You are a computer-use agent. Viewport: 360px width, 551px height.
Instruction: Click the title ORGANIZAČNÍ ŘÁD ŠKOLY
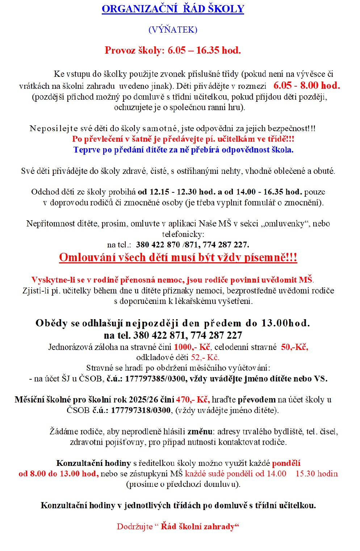pos(173,9)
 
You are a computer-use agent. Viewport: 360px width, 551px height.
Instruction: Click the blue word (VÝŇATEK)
pos(173,30)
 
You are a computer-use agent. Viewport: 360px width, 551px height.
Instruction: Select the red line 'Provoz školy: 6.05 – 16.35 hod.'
pos(173,50)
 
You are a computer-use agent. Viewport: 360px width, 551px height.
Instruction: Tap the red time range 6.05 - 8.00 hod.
pos(306,85)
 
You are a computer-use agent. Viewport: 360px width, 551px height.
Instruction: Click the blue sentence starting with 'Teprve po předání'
pos(183,150)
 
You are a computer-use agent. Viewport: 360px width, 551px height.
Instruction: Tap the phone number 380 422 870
pos(158,245)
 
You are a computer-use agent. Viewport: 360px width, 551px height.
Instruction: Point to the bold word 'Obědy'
pos(51,323)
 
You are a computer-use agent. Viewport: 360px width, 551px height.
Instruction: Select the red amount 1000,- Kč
pos(192,347)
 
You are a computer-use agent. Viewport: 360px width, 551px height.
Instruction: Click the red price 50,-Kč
pos(294,347)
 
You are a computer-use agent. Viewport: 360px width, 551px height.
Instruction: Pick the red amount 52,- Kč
pos(205,358)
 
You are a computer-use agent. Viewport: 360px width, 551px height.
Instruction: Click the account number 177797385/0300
pos(156,379)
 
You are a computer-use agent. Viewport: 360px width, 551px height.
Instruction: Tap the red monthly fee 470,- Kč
pos(193,400)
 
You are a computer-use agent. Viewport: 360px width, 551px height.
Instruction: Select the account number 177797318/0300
pos(141,410)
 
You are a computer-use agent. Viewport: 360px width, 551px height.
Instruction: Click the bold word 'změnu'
pos(200,431)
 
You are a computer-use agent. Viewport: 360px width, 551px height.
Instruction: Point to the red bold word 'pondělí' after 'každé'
pos(286,463)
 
